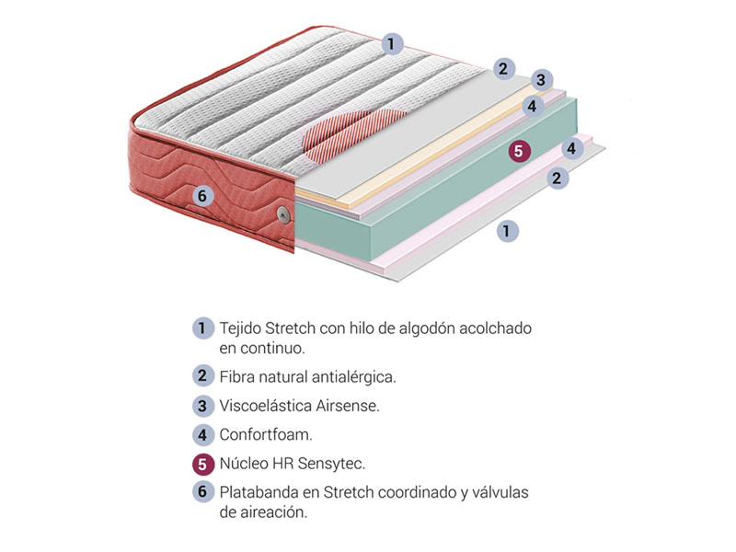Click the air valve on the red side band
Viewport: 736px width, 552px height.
283,214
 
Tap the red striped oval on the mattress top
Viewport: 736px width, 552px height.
354,134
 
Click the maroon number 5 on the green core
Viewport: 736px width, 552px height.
518,151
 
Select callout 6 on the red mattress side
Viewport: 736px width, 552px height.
202,196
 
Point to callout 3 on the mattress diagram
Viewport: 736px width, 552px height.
541,79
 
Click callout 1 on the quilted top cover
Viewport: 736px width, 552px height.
392,44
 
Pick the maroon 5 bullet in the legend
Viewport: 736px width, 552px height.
202,464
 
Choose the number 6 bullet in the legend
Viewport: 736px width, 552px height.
202,491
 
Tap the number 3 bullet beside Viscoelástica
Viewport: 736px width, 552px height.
202,406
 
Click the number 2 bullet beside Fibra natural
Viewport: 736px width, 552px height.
202,376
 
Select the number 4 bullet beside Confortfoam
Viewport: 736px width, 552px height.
202,434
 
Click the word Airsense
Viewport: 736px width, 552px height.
348,406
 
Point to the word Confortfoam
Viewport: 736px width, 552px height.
266,434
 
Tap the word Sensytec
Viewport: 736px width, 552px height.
331,464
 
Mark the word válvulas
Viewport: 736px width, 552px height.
500,492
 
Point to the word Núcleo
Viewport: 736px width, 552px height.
243,464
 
